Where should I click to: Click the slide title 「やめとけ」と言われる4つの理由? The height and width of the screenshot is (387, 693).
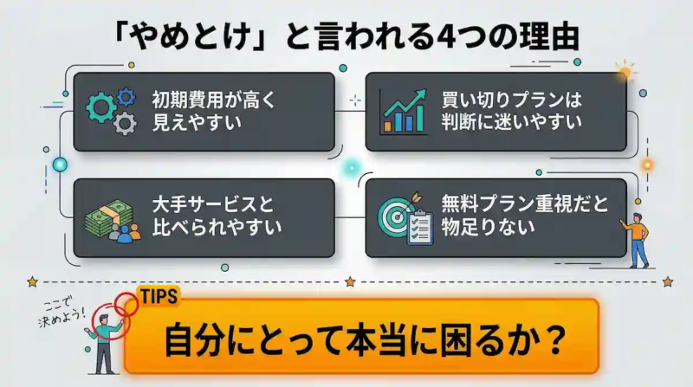[346, 37]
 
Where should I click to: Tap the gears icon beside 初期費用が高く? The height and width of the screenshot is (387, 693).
[112, 109]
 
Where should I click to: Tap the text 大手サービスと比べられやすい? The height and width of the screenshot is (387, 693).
[207, 216]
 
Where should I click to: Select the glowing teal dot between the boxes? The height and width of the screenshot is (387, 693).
[350, 167]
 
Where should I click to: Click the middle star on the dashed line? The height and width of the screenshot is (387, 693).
[350, 281]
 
